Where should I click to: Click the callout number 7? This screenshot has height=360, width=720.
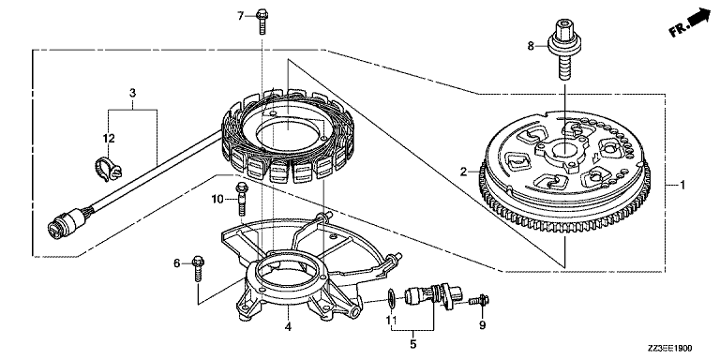coord(240,16)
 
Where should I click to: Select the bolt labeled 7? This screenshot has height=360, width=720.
coord(261,22)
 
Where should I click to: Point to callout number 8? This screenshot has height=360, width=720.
coord(531,46)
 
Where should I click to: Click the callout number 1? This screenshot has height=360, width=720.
coord(682,185)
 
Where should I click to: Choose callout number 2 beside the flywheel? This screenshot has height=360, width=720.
coord(464,172)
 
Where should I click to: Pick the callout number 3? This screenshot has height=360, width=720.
coord(133,93)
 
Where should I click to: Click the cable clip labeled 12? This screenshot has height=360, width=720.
coord(109,169)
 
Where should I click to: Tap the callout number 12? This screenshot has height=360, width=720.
coord(109,138)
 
